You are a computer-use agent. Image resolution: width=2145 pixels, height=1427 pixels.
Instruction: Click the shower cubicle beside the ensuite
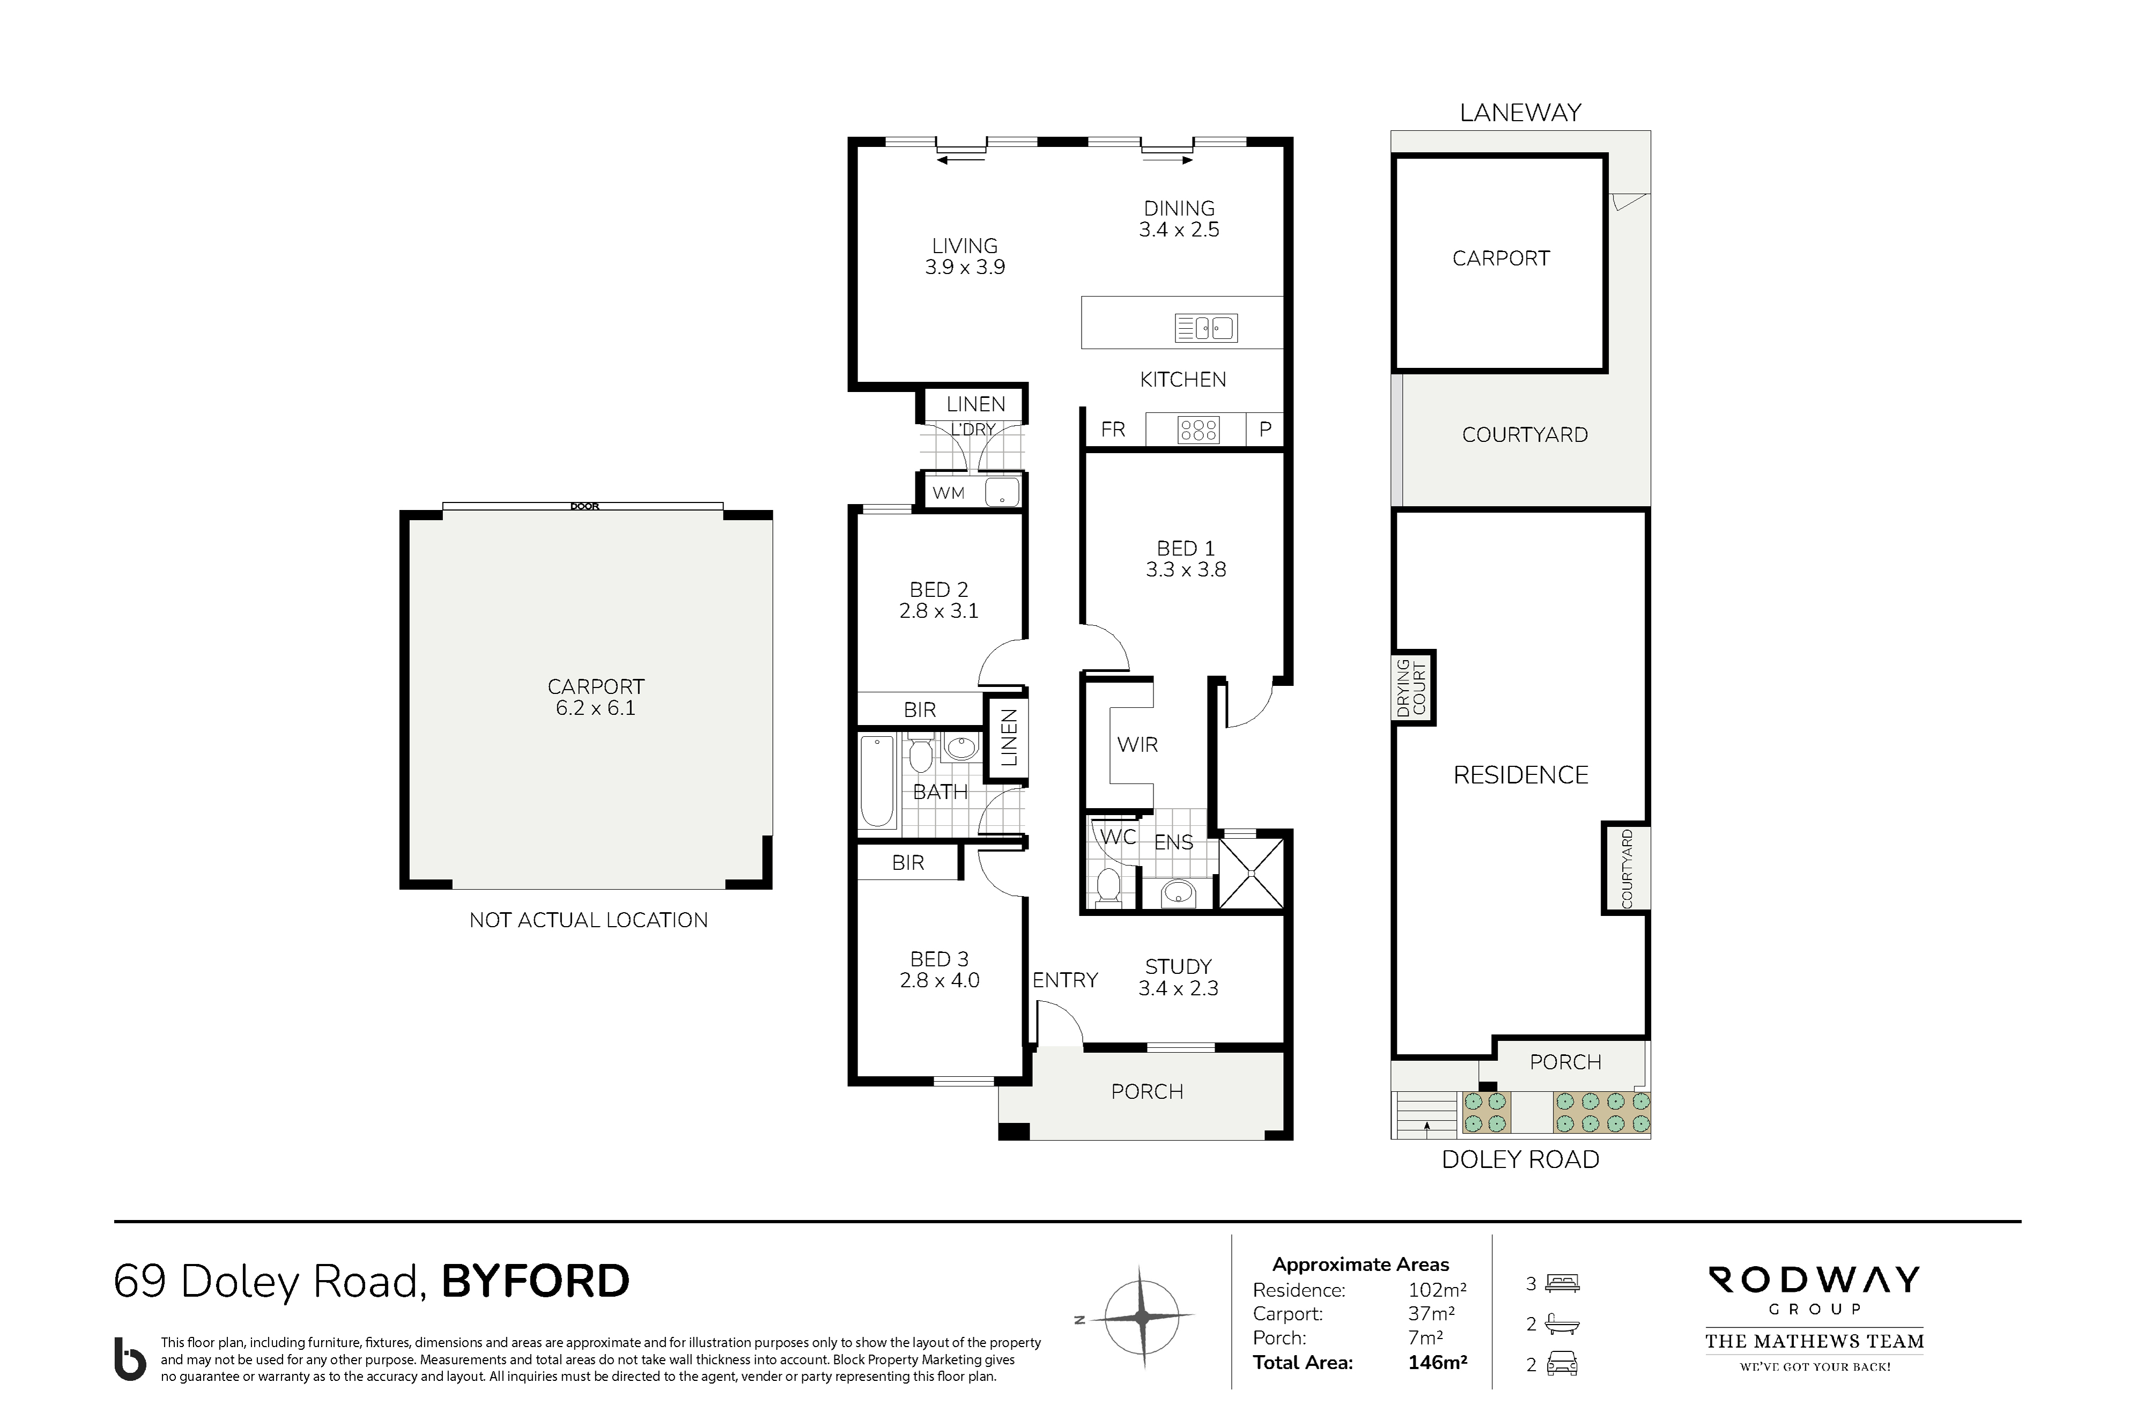click(x=1251, y=873)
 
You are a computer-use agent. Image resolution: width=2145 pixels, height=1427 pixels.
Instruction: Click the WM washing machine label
click(x=948, y=492)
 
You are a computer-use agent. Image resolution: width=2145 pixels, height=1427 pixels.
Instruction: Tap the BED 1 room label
click(x=1186, y=549)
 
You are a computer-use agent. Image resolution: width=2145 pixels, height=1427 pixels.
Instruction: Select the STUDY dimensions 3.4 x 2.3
click(x=1179, y=988)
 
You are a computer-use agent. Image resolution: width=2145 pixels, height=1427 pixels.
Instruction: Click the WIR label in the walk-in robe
click(x=1137, y=744)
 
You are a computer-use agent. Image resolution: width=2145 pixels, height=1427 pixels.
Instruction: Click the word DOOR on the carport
click(x=585, y=507)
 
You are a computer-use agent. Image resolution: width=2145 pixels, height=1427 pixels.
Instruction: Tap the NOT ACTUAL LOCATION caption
click(x=588, y=920)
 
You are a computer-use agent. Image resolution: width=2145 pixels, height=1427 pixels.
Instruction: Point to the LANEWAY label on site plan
click(x=1520, y=113)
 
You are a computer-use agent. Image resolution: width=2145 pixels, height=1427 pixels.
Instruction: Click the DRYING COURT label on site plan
click(x=1412, y=688)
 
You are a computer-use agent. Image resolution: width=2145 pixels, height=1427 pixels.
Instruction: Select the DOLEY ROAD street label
click(x=1520, y=1159)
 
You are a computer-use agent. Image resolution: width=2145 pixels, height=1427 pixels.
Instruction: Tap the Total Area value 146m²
click(x=1438, y=1363)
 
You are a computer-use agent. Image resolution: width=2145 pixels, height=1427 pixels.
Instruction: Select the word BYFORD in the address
click(x=535, y=1281)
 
